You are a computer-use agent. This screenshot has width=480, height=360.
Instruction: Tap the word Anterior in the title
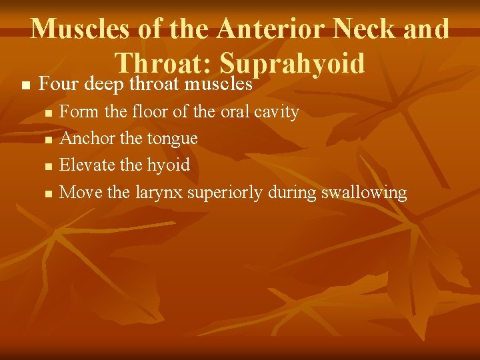tap(274, 29)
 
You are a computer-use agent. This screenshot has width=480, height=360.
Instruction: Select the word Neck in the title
tap(371, 29)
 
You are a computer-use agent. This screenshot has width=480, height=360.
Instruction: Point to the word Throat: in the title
tap(163, 63)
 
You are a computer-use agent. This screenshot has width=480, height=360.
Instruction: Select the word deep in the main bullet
tap(105, 85)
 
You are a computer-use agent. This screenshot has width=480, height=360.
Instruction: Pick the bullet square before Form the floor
tap(47, 113)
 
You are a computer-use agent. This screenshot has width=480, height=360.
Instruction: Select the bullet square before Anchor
tap(47, 139)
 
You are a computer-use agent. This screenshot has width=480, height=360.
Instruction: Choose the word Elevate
tap(81, 165)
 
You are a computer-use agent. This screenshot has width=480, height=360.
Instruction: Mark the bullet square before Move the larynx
tap(47, 194)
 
